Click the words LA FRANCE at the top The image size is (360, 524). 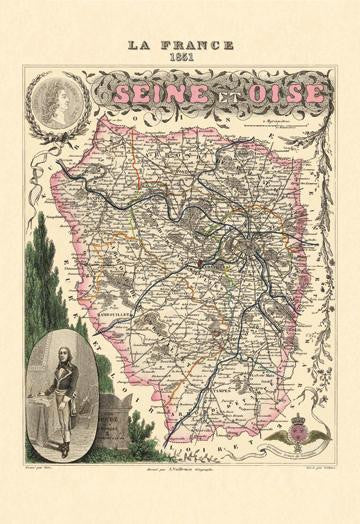point(181,44)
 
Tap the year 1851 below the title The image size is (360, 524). point(181,57)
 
